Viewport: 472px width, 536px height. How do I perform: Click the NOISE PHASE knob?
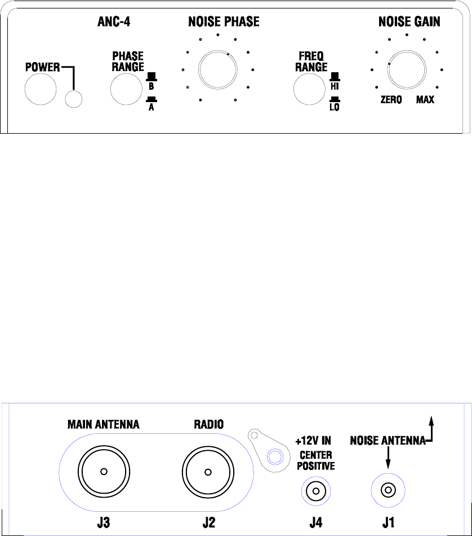(x=218, y=69)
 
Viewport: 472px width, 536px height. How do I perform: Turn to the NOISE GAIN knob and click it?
(x=407, y=69)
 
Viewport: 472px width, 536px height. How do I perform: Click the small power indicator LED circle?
(x=73, y=99)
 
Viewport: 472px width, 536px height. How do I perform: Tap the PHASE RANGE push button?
(x=126, y=89)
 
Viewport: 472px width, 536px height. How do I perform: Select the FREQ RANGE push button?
(x=310, y=89)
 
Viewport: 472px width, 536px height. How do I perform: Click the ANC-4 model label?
(x=114, y=21)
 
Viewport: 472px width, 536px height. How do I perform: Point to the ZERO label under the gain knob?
(x=391, y=99)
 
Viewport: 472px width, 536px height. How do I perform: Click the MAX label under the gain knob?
(x=425, y=99)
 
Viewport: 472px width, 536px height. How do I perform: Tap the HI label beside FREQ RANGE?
(x=335, y=86)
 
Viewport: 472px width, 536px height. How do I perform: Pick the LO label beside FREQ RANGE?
(x=335, y=107)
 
